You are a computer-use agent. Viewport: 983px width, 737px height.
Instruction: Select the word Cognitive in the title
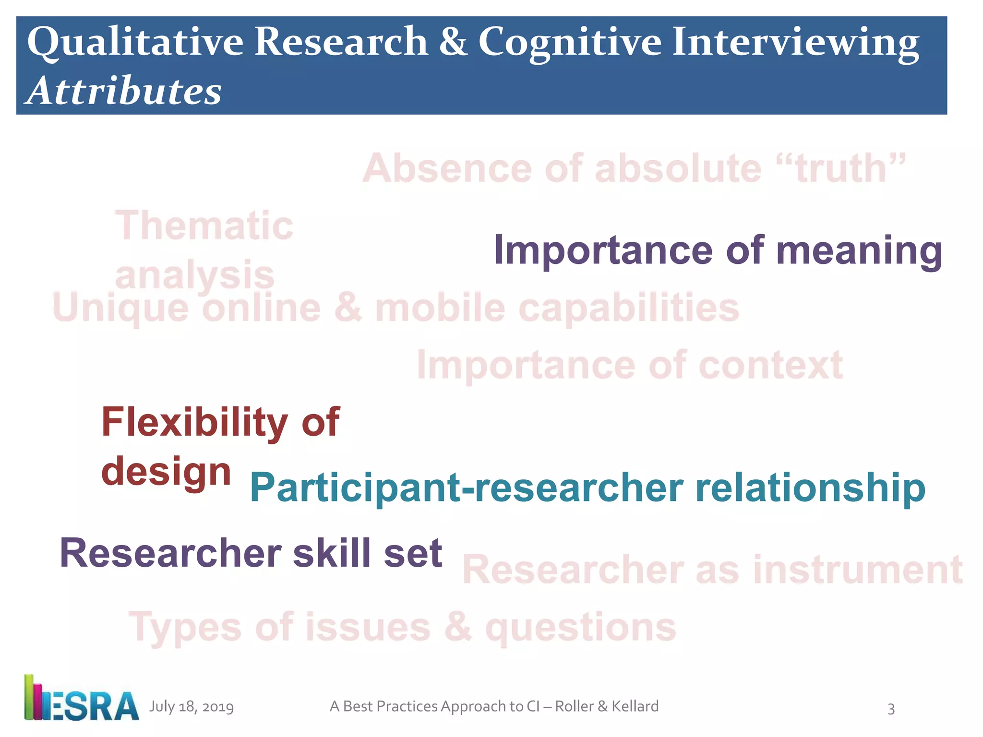coord(570,43)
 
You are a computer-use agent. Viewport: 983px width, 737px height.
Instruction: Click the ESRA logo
coord(82,699)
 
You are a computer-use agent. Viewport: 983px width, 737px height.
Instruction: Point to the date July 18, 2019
coord(192,707)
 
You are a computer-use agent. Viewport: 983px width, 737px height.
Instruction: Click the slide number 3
coord(891,709)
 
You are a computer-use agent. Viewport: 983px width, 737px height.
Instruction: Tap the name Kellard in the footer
coord(635,706)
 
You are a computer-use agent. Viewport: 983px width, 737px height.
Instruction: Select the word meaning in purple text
coord(859,251)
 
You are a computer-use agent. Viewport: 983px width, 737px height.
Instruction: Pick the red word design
coord(166,472)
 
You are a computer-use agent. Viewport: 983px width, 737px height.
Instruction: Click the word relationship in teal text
coord(810,488)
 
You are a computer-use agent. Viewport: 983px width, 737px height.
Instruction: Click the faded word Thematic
coord(204,226)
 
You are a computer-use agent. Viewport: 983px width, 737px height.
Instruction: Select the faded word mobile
coord(440,308)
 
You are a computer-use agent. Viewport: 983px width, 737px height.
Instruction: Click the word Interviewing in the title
coord(795,43)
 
